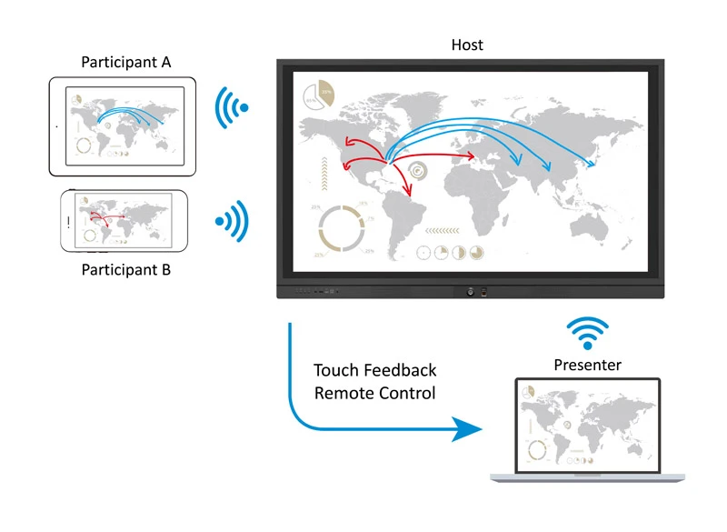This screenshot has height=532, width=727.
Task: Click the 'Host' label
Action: (467, 45)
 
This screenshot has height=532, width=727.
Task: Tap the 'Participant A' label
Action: (126, 63)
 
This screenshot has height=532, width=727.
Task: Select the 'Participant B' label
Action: (126, 270)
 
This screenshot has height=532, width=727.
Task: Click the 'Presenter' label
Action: (587, 365)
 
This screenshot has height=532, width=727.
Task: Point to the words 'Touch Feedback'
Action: (374, 370)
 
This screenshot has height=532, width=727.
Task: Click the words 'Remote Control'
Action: (374, 393)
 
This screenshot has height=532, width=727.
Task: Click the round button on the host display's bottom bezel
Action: (469, 291)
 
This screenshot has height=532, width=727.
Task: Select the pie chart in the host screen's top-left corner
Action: (319, 92)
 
